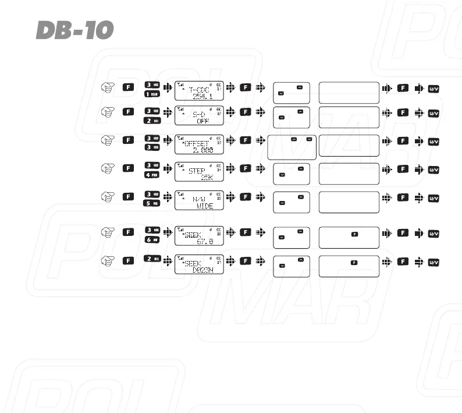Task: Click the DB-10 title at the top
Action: coord(74,30)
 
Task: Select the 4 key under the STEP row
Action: coord(152,175)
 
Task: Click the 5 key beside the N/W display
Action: coord(152,203)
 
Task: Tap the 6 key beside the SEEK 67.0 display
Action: coord(152,240)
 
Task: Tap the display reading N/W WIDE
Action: coord(200,199)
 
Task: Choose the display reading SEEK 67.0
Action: coord(200,236)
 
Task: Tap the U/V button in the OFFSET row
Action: coord(433,142)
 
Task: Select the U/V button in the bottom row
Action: coord(433,263)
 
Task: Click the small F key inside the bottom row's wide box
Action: coord(353,263)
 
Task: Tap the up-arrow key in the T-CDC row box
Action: coord(300,87)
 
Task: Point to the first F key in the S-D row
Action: coord(129,111)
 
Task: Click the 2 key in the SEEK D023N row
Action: coord(152,259)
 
